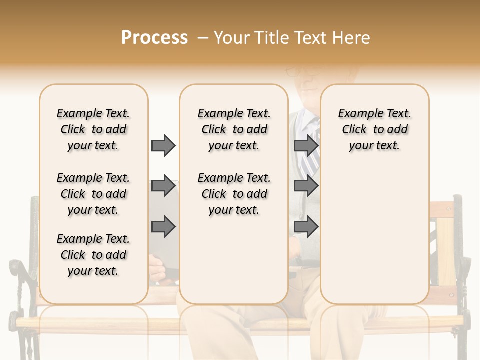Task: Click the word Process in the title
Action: coord(154,38)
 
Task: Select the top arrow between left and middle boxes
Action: coord(163,145)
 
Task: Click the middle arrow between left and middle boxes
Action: coord(163,186)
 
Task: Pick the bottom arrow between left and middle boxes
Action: coord(163,227)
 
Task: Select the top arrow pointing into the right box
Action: coord(306,145)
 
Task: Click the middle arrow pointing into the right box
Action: coord(306,186)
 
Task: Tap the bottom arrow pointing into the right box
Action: coord(306,227)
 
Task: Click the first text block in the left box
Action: coord(93,129)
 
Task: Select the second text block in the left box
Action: coord(93,194)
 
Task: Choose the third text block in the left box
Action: coord(93,255)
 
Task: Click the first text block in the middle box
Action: coord(234,129)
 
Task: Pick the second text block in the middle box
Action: coord(234,194)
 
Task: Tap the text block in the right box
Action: coord(374,129)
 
